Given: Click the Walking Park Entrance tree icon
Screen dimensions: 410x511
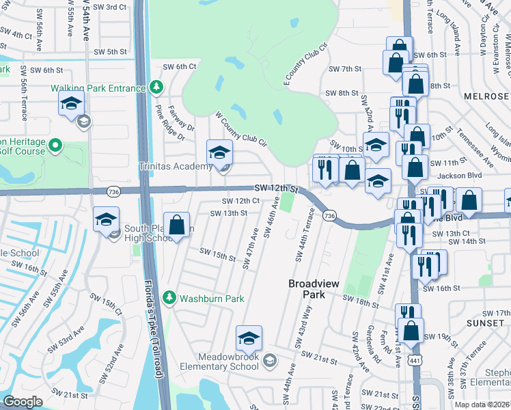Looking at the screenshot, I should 156,87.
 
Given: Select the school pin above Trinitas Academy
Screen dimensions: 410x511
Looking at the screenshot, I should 220,152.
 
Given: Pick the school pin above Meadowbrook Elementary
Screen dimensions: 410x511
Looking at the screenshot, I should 249,338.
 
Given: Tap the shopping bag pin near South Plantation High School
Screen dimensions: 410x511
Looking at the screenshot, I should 177,225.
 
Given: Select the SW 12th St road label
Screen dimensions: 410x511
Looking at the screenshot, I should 277,188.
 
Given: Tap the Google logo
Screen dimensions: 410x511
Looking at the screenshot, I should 23,402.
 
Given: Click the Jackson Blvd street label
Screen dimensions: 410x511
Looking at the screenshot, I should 462,175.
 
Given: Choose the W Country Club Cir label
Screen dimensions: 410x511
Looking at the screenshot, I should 240,128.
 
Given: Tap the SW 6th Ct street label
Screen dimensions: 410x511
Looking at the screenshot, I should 180,66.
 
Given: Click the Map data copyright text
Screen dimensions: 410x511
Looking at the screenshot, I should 482,405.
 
